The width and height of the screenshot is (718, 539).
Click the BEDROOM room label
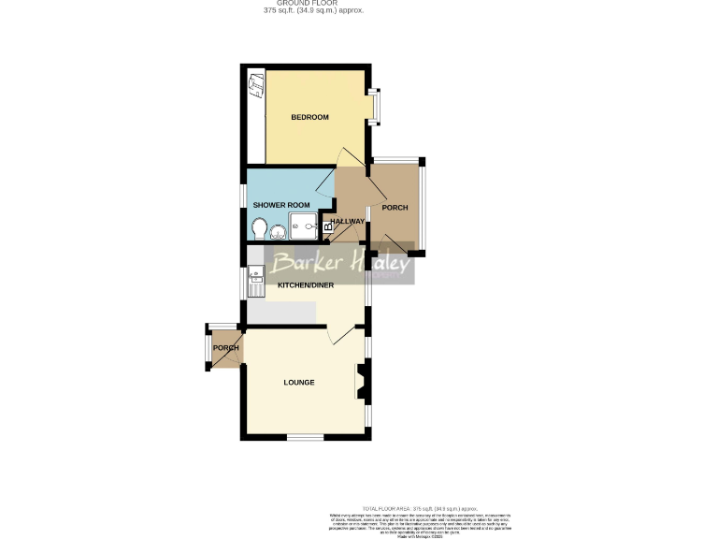pyautogui.click(x=309, y=117)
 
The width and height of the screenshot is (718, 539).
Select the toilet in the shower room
pyautogui.click(x=259, y=227)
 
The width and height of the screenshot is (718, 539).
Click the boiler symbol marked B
pyautogui.click(x=327, y=226)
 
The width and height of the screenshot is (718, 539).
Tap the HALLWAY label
pyautogui.click(x=347, y=221)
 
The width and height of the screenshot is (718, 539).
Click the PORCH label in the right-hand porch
pyautogui.click(x=395, y=208)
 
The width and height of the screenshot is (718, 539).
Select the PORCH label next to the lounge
pyautogui.click(x=225, y=348)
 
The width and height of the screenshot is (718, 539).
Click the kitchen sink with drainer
pyautogui.click(x=257, y=279)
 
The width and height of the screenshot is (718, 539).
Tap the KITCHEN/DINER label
pyautogui.click(x=299, y=284)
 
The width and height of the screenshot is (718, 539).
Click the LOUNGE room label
pyautogui.click(x=299, y=382)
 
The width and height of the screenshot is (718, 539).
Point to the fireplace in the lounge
pyautogui.click(x=359, y=381)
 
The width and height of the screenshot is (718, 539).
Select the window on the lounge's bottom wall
pyautogui.click(x=304, y=437)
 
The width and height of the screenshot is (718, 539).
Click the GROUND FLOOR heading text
pyautogui.click(x=313, y=4)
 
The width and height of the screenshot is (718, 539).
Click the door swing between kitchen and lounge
pyautogui.click(x=341, y=333)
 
